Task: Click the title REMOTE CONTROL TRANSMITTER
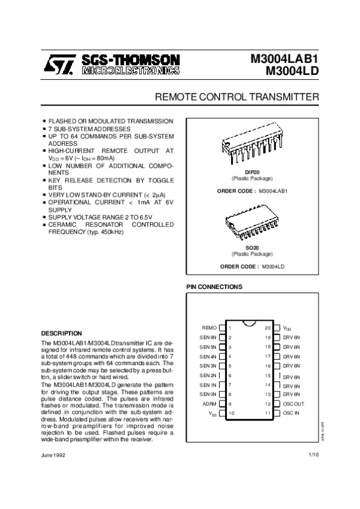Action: coord(237,97)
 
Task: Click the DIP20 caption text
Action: coord(252,173)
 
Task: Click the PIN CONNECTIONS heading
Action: coord(214,287)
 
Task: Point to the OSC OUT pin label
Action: coord(294,404)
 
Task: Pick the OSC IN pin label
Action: coord(291,414)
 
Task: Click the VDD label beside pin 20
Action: coord(287,329)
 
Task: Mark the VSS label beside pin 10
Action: coord(212,414)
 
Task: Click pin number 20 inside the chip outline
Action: coord(268,328)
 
